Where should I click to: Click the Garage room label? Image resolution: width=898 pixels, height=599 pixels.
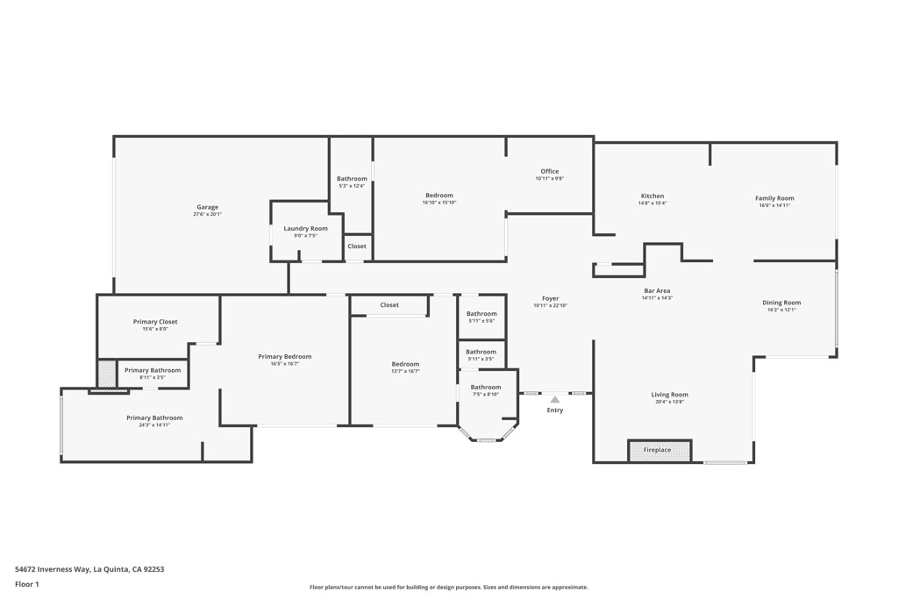tap(207, 208)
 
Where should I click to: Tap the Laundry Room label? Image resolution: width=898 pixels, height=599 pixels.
tap(305, 229)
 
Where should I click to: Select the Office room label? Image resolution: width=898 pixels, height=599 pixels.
tap(549, 172)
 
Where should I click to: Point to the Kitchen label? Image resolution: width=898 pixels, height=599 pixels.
tap(652, 196)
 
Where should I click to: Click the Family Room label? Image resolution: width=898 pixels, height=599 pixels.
tap(774, 198)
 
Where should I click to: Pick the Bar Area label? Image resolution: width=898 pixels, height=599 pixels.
tap(657, 291)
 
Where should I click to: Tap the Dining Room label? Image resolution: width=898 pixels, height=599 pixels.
tap(781, 303)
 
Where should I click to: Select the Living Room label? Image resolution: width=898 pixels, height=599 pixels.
tap(669, 395)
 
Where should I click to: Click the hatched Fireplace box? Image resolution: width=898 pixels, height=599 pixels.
tap(659, 451)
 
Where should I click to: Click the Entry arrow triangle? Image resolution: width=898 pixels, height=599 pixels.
tap(554, 400)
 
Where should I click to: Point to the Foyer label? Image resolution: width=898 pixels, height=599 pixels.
tap(550, 299)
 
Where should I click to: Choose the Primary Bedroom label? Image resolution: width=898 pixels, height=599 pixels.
tap(284, 357)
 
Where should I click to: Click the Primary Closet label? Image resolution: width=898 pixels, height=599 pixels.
tap(155, 322)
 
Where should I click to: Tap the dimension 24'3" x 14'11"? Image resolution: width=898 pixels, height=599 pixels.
tap(154, 425)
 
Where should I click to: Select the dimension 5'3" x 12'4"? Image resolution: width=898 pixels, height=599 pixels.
tap(352, 186)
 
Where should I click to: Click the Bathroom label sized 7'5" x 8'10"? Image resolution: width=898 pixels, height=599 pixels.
tap(485, 387)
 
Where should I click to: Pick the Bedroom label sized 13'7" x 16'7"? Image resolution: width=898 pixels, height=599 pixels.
tap(405, 364)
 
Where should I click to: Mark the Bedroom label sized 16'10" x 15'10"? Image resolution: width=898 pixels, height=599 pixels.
tap(439, 196)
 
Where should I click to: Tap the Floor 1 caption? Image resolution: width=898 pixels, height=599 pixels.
tap(27, 584)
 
